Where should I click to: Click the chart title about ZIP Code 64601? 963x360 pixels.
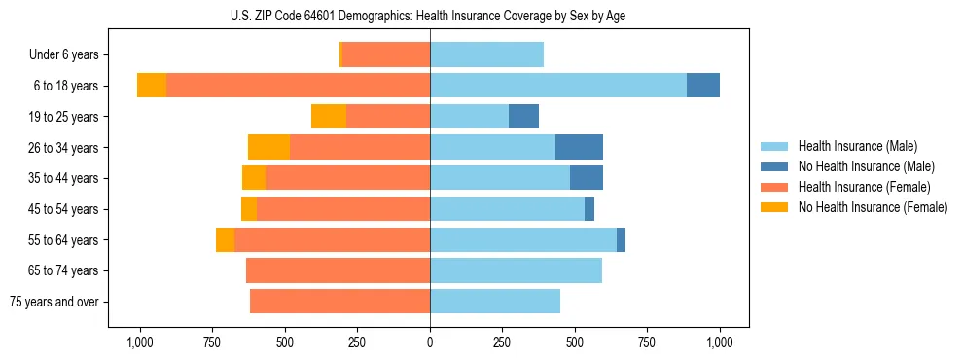coord(429,15)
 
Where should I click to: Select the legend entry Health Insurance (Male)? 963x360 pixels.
coord(856,146)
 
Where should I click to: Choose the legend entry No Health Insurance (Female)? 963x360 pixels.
coord(873,207)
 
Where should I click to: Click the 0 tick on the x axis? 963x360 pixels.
coord(430,342)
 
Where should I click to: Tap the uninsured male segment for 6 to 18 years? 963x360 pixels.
coord(703,86)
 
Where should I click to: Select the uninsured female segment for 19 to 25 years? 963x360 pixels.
coord(329,117)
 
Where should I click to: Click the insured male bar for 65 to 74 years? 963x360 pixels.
coord(516,270)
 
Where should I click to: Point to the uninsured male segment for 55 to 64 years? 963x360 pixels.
coord(621,240)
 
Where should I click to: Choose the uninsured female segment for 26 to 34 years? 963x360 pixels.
coord(268,148)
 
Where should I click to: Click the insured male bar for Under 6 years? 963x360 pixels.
coord(486,55)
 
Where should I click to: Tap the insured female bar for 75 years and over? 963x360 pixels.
coord(339,302)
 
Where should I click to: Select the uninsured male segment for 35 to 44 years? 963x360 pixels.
coord(587,178)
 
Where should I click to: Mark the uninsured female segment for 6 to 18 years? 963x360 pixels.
coord(152,86)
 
